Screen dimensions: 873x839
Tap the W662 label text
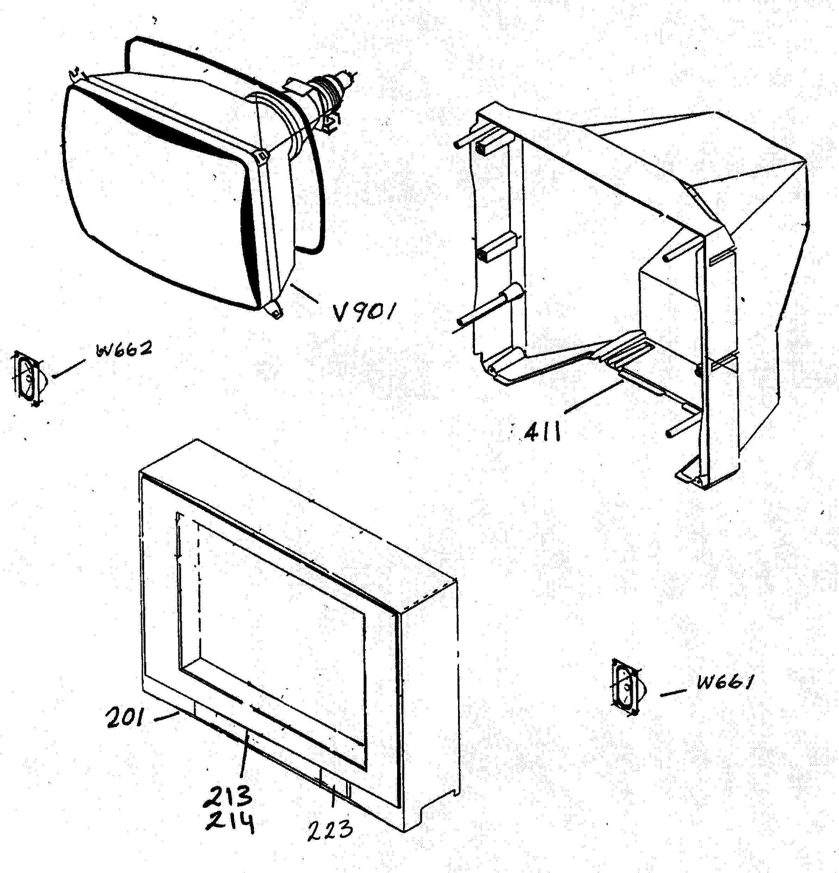(123, 349)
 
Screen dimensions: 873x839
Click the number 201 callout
(125, 718)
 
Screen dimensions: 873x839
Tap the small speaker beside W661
(627, 688)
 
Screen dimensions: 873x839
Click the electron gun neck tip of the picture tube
(345, 77)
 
